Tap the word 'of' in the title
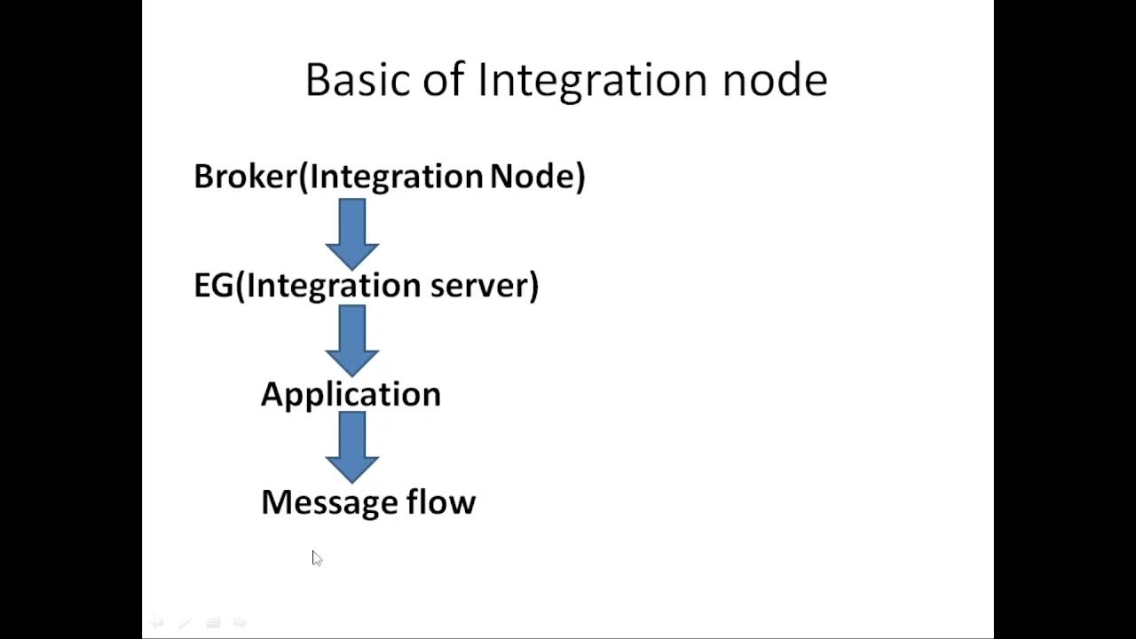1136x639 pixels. [x=443, y=80]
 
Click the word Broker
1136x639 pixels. [x=245, y=177]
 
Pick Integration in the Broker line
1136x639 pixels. [x=396, y=177]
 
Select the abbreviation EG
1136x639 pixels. [x=213, y=286]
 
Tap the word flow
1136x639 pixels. [x=441, y=502]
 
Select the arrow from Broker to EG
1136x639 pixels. [x=352, y=233]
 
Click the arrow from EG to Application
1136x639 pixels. [x=352, y=340]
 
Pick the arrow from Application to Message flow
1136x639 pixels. [x=352, y=447]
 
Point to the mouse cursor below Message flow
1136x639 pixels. [x=316, y=557]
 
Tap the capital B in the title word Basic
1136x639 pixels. [x=317, y=80]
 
